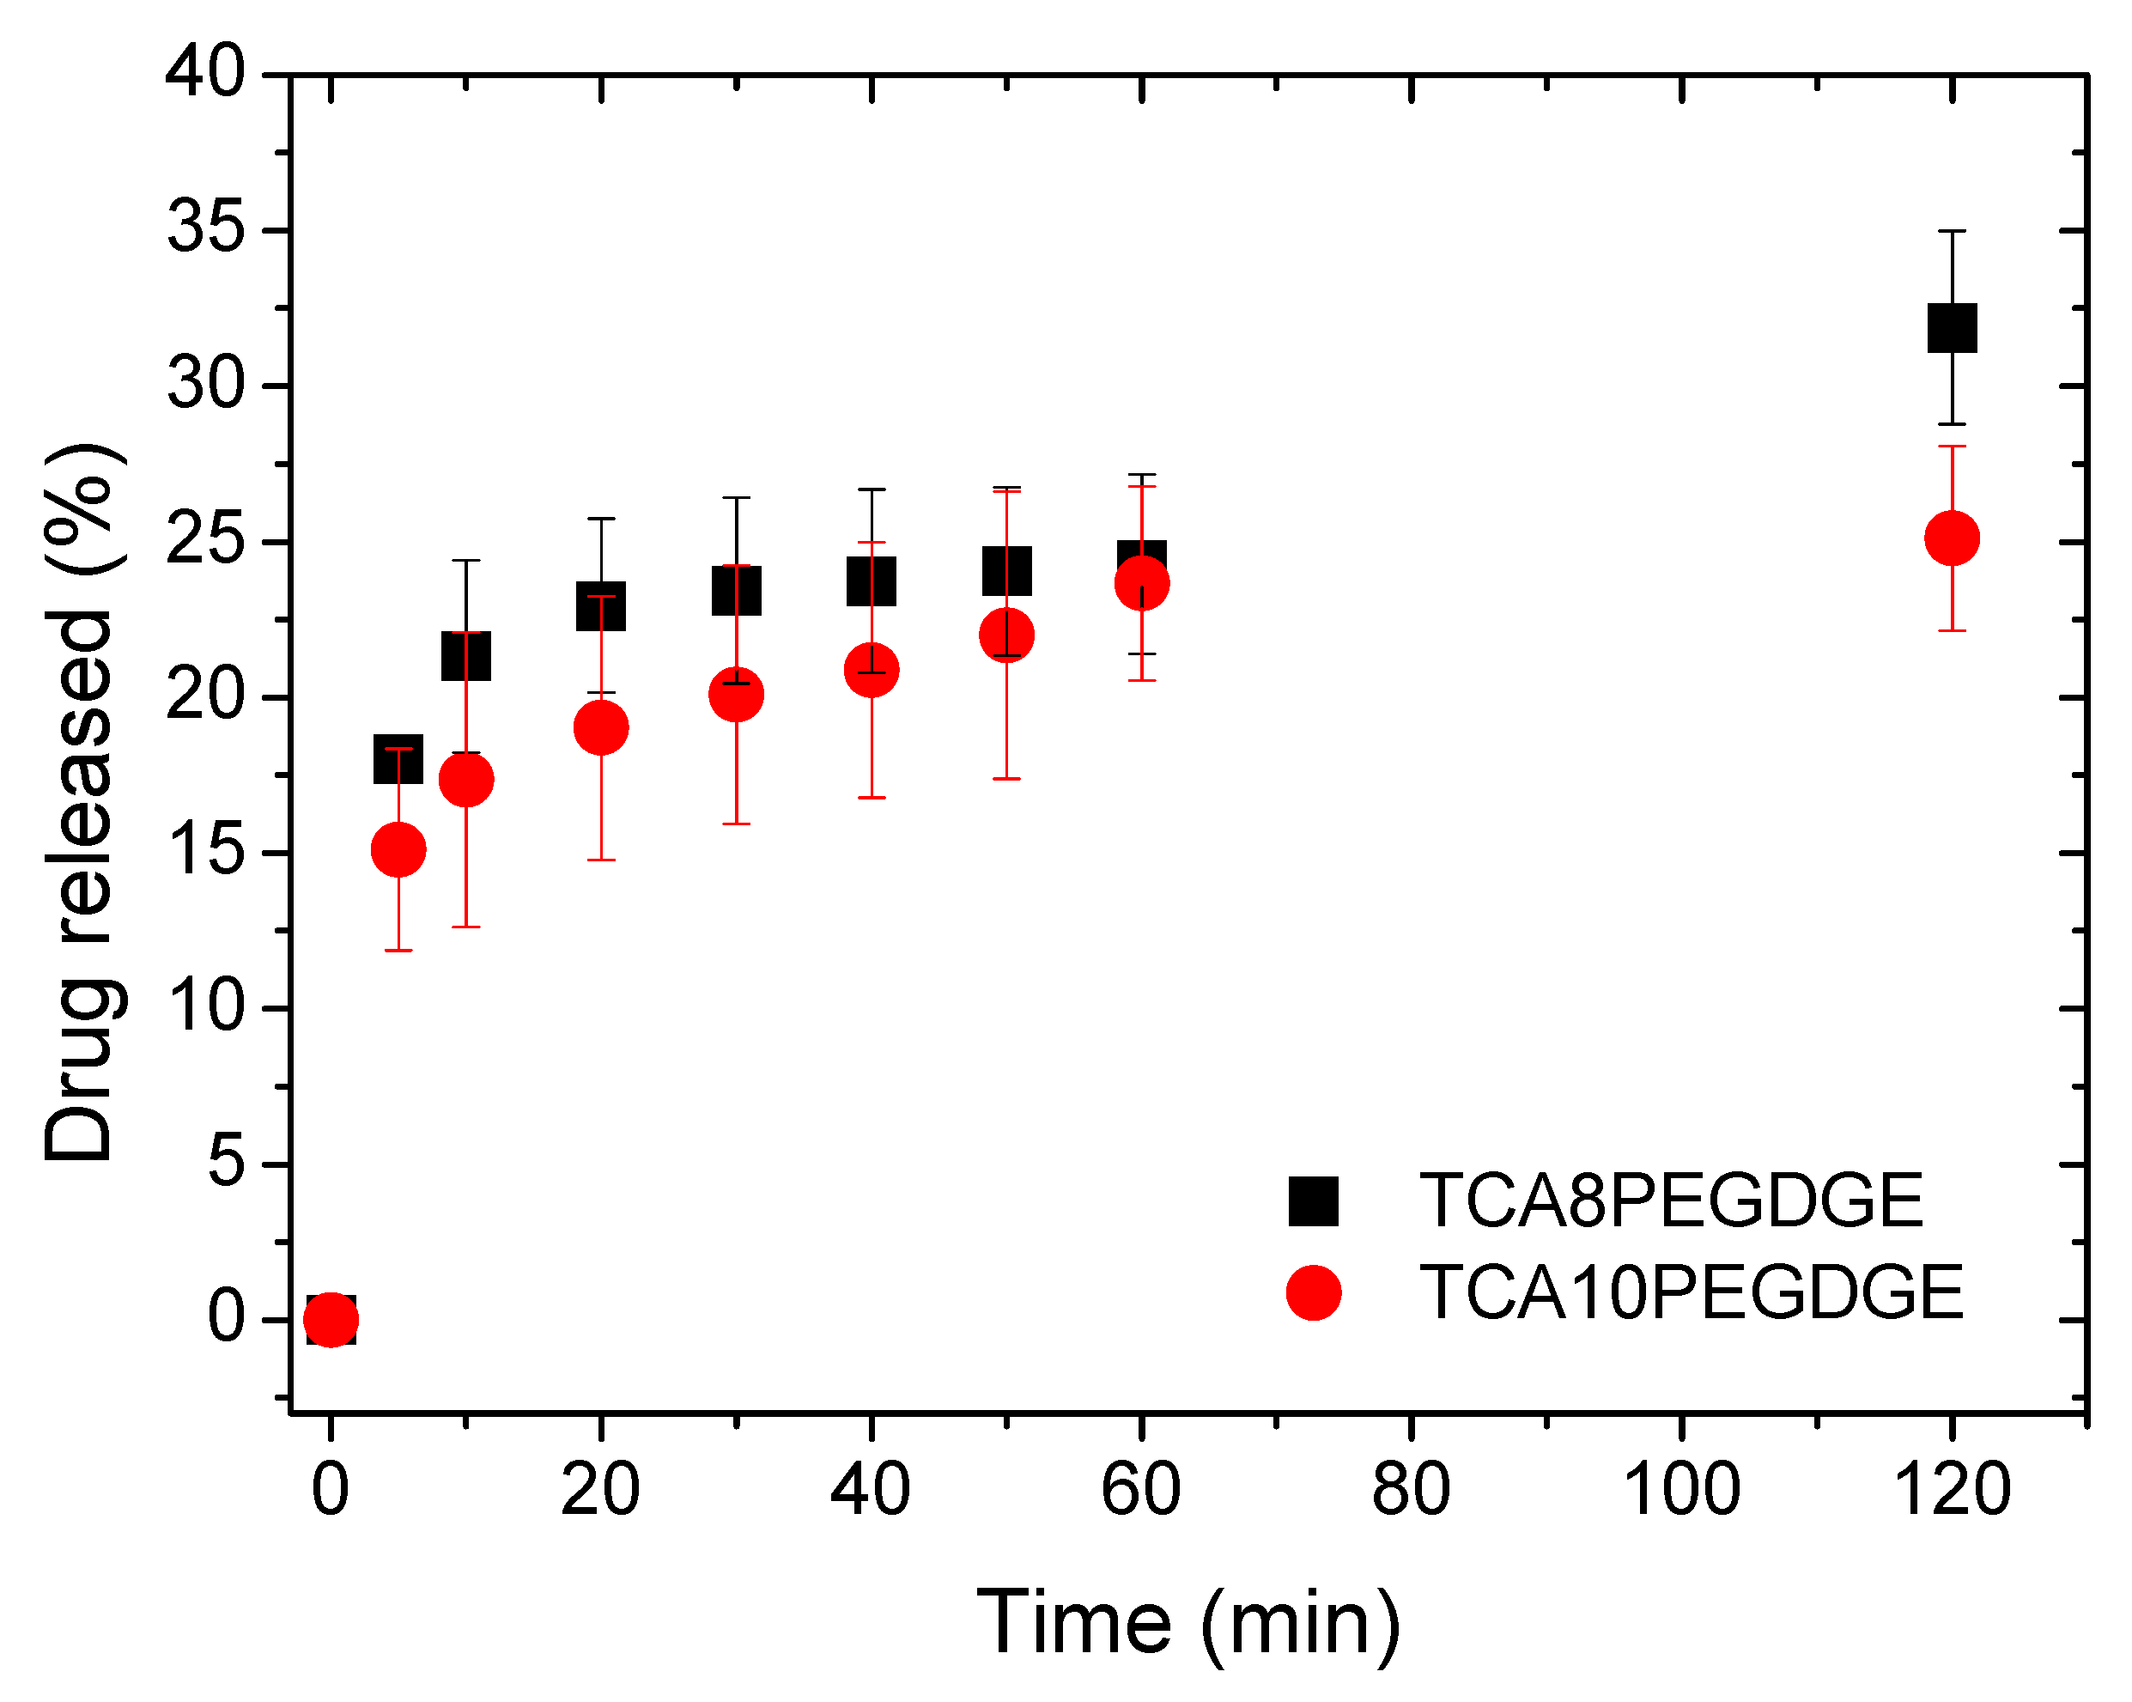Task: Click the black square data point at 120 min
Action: [x=1951, y=327]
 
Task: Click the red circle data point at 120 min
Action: [x=1951, y=538]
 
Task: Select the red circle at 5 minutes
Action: [x=398, y=849]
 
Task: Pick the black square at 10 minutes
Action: [x=465, y=656]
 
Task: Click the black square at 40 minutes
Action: [x=872, y=581]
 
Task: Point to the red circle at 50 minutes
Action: [x=1006, y=635]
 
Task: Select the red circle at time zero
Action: [x=331, y=1319]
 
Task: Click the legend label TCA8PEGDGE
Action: [x=1671, y=1201]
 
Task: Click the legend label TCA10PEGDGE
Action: [x=1691, y=1292]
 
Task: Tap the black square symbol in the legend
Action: [x=1313, y=1201]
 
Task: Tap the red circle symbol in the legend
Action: [x=1313, y=1292]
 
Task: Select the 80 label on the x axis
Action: [x=1410, y=1489]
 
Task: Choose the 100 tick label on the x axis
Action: [x=1681, y=1489]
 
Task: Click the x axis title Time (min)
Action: [x=1188, y=1623]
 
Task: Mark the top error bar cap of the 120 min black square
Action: [x=1951, y=231]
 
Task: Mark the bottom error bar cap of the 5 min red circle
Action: [x=398, y=951]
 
